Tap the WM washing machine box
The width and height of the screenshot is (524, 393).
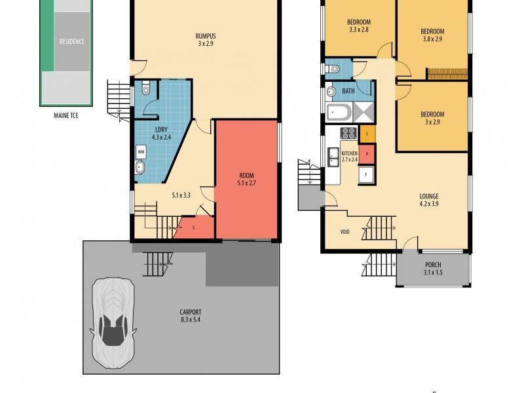(x=140, y=151)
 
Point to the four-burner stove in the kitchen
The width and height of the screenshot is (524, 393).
(x=347, y=134)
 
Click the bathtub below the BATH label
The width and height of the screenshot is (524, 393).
(x=339, y=112)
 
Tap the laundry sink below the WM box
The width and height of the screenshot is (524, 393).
(x=140, y=169)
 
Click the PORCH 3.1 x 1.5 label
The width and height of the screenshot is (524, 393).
(x=432, y=269)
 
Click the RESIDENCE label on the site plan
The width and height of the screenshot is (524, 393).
(x=72, y=41)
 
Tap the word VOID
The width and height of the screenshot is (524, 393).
(x=345, y=232)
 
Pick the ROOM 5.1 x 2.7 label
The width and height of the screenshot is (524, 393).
(x=246, y=179)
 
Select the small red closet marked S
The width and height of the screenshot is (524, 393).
(x=194, y=227)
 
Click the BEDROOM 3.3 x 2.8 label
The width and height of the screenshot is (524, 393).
(x=359, y=26)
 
